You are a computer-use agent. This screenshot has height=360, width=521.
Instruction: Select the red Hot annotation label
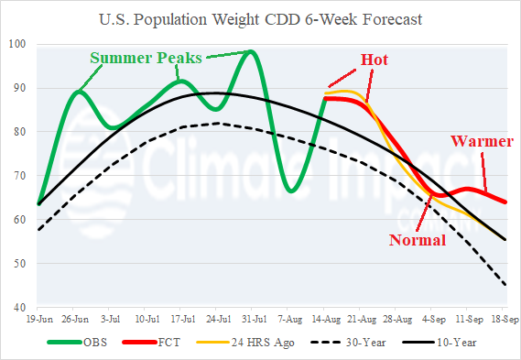click(373, 60)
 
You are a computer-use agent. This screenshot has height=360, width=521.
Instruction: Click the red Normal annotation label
click(418, 241)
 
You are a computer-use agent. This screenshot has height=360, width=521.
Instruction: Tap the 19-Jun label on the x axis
click(38, 320)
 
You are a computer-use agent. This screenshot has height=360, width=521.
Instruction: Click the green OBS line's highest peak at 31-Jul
click(251, 51)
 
